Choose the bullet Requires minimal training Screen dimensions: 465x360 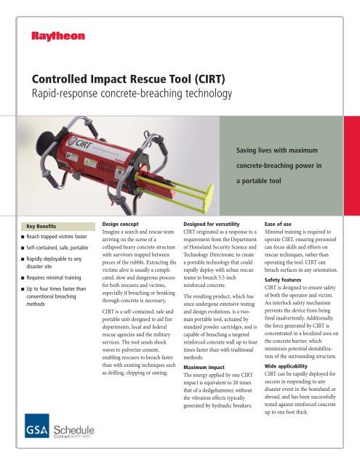49,278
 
